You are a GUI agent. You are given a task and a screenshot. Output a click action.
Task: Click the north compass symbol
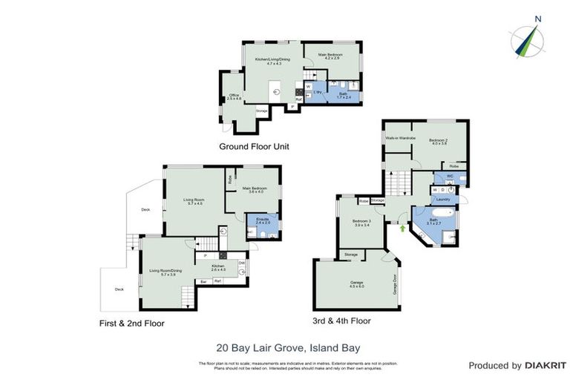tap(527, 39)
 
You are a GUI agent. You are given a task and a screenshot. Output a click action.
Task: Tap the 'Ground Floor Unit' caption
tap(254, 146)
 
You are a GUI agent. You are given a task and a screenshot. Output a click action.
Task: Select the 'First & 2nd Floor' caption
tap(131, 323)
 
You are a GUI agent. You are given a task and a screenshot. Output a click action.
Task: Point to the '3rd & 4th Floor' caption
tap(342, 321)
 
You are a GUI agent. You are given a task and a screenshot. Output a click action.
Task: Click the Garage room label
tap(358, 284)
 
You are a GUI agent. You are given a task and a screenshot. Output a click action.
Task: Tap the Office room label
tap(234, 95)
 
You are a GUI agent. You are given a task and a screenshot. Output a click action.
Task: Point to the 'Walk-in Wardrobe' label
tap(399, 139)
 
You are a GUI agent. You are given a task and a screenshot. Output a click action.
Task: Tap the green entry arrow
tap(402, 228)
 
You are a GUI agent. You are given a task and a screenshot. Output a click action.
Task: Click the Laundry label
tap(444, 199)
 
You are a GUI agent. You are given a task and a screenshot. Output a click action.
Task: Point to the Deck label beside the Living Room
tap(146, 210)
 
